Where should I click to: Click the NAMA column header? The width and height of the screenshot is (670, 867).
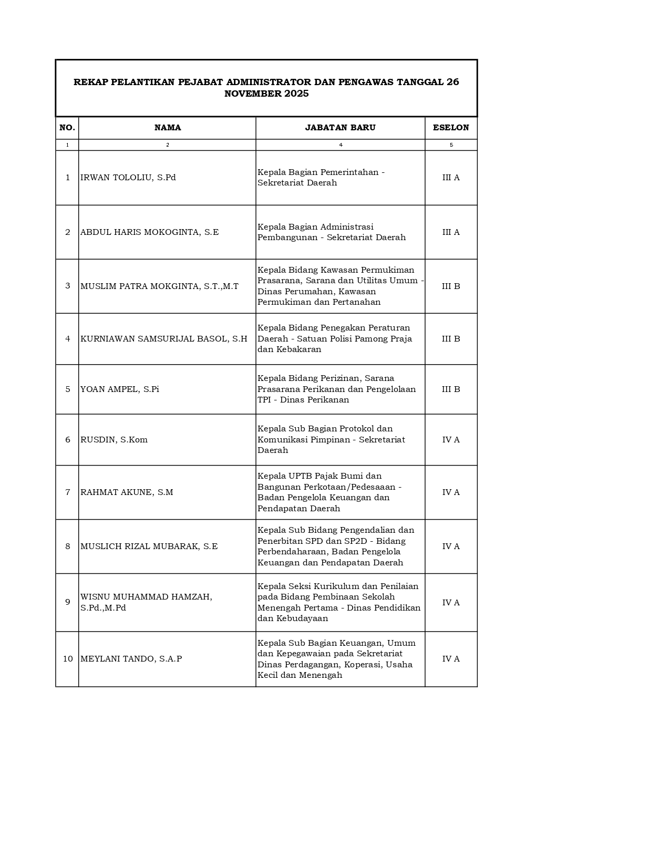coord(168,128)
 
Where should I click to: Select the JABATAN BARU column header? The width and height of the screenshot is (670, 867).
coord(340,128)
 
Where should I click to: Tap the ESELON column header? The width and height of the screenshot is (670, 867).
coord(451,128)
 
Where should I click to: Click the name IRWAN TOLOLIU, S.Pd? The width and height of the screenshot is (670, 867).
coord(128,178)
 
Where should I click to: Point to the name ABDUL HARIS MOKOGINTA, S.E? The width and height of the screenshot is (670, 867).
coord(149,232)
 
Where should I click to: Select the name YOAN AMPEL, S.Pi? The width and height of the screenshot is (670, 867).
coord(119,389)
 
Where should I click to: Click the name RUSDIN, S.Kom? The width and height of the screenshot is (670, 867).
coord(114,440)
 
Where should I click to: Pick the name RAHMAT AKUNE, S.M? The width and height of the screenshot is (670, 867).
coord(127,492)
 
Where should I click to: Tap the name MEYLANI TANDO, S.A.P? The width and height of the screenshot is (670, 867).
coord(131,659)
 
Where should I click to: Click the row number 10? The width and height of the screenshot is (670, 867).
coord(68,659)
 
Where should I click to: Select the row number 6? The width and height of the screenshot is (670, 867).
coord(68,440)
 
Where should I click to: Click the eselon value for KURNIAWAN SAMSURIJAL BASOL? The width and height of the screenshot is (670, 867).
coord(451,339)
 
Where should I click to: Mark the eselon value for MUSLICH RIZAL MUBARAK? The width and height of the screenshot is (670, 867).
coord(451,546)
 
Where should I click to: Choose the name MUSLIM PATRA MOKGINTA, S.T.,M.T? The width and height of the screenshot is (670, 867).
coord(159,286)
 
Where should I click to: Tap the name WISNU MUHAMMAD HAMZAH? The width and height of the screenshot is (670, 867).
coord(146,597)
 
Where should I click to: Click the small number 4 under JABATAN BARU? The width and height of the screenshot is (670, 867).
coord(341,145)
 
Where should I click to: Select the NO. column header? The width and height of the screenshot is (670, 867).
coord(67,128)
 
